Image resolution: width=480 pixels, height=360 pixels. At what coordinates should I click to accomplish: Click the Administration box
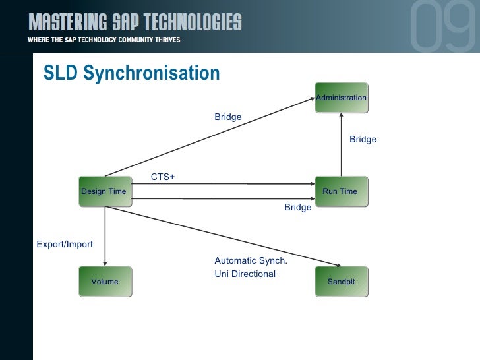click(341, 98)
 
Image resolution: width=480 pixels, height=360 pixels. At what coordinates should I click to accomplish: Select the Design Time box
click(104, 191)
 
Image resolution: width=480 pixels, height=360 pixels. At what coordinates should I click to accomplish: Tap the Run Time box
click(340, 191)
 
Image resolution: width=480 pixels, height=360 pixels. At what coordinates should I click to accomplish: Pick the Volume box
click(105, 282)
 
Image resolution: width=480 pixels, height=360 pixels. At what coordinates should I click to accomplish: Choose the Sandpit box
click(341, 282)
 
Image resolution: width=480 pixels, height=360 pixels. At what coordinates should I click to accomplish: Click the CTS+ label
click(163, 177)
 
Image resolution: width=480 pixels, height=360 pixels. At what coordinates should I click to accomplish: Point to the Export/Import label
click(65, 244)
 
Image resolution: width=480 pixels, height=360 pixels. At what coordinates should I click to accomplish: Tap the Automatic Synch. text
click(251, 260)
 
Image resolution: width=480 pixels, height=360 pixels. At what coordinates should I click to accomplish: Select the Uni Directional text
click(245, 274)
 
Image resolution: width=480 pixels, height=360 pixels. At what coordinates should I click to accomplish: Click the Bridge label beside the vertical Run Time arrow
click(363, 139)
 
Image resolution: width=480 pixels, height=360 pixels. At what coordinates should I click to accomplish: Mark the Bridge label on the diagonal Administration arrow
click(227, 117)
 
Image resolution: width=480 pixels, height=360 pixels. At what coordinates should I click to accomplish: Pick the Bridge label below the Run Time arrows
click(297, 207)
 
